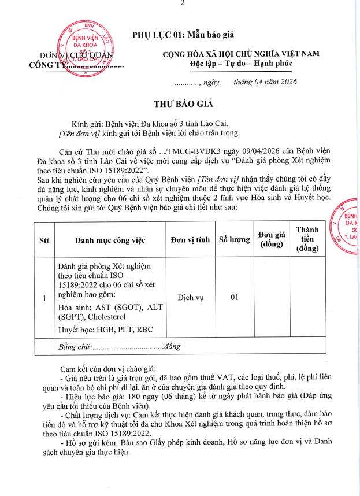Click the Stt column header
44,240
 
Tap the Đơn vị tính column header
190,240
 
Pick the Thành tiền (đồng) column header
307,239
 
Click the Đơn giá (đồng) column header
272,239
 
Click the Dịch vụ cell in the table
190,298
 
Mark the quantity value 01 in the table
235,298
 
